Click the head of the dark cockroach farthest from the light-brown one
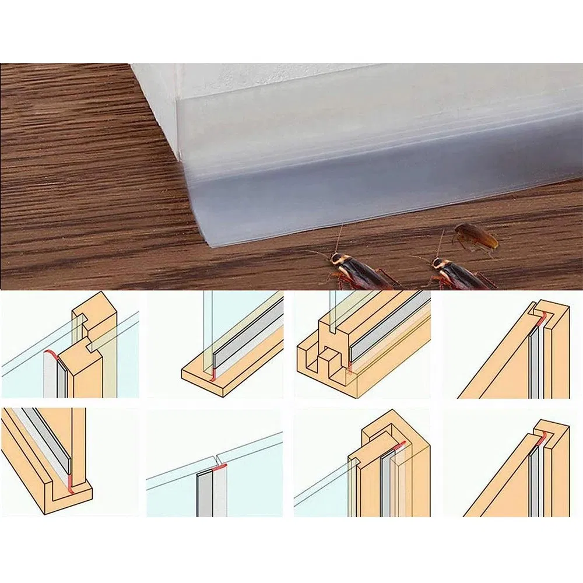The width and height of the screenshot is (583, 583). (x=336, y=261)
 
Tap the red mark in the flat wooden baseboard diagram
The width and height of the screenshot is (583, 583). (x=214, y=374)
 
